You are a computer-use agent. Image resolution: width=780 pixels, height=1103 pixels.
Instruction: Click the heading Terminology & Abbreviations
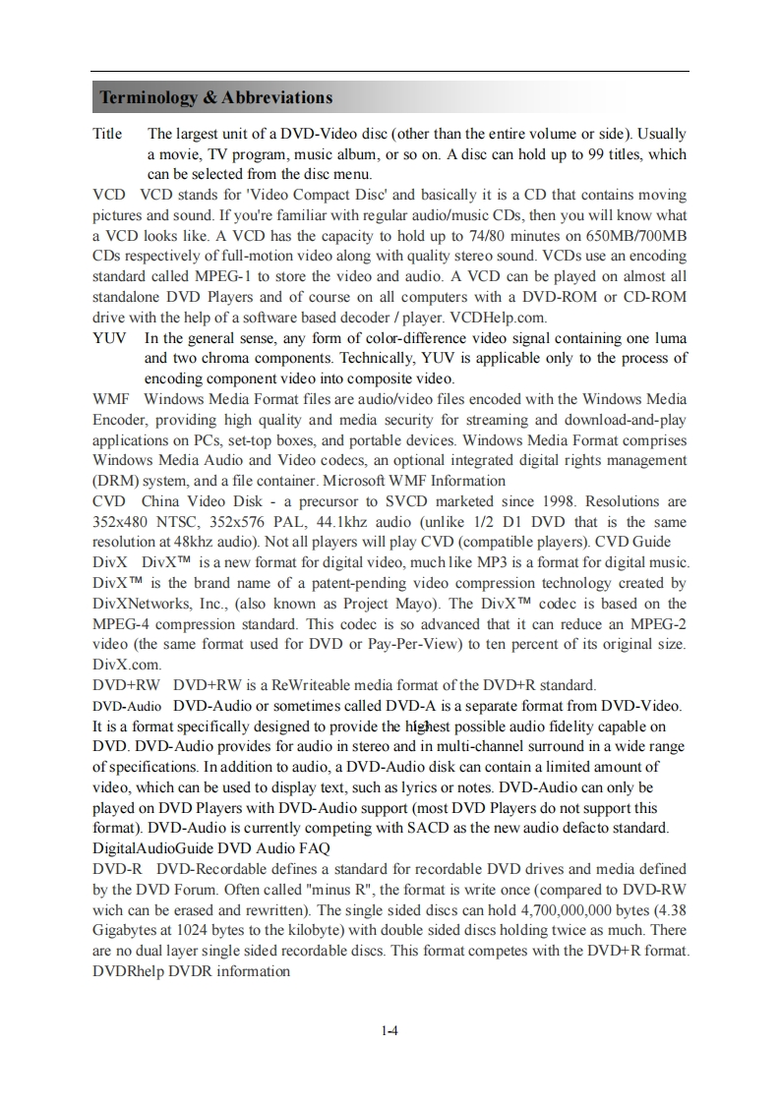(215, 97)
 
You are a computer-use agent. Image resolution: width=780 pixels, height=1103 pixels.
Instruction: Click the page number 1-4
(390, 1031)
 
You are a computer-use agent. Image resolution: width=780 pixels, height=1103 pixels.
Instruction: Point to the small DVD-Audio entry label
(127, 706)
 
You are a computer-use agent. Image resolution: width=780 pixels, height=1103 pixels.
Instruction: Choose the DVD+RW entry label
(125, 685)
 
